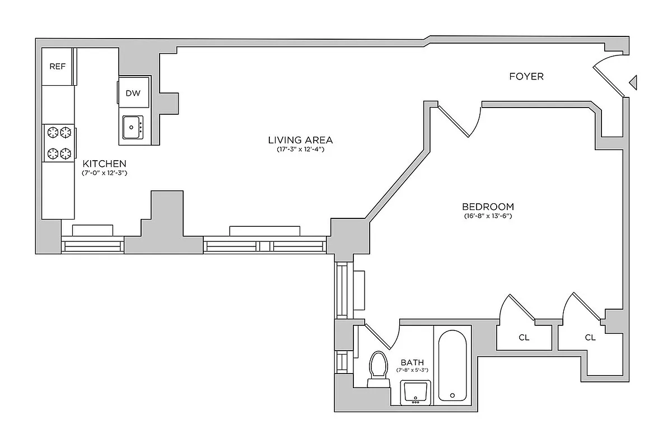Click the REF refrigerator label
[58, 66]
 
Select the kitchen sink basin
[132, 128]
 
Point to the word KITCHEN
[105, 164]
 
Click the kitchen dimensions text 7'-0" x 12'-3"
[105, 173]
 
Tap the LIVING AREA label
[300, 140]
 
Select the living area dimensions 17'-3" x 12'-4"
[300, 150]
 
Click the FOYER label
[526, 76]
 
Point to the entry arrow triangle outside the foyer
[633, 82]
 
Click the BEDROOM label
[488, 206]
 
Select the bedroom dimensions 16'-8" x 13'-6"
[488, 216]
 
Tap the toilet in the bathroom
[379, 368]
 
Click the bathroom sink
[416, 391]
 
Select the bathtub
[452, 365]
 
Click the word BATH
[412, 362]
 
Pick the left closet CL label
[524, 338]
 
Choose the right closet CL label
[590, 338]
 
